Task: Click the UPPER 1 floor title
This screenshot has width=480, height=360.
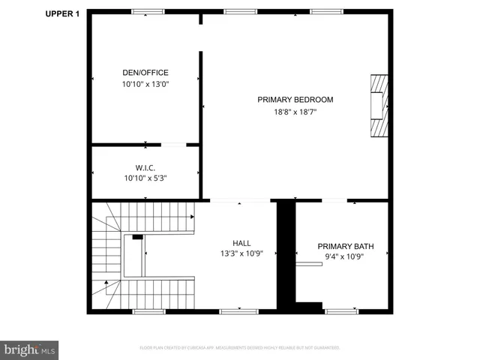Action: [x=63, y=13]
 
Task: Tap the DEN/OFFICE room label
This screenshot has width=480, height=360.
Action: [x=145, y=73]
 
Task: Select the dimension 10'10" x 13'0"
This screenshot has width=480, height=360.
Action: [x=145, y=84]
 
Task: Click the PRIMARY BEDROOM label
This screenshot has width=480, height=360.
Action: [x=295, y=100]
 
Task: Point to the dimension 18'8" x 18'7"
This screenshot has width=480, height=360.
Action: [x=295, y=112]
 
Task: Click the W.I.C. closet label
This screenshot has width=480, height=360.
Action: [x=145, y=167]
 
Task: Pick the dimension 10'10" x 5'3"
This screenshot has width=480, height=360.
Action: [x=145, y=178]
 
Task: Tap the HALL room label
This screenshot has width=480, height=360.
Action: [x=241, y=243]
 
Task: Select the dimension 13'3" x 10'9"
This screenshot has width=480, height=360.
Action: [x=241, y=254]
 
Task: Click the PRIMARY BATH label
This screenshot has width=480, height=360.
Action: [x=345, y=246]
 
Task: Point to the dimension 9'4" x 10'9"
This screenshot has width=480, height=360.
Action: [x=345, y=257]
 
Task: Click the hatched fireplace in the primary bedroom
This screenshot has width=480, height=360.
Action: [x=379, y=106]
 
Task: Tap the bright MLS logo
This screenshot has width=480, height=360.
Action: [x=30, y=349]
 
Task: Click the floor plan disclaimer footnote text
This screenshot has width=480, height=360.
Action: [x=240, y=348]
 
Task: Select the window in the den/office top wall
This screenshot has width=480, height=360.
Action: [x=148, y=11]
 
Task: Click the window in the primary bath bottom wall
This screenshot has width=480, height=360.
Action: [x=341, y=310]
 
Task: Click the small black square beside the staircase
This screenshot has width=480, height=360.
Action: [x=137, y=237]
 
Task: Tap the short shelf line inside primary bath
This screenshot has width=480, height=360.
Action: [x=308, y=263]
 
